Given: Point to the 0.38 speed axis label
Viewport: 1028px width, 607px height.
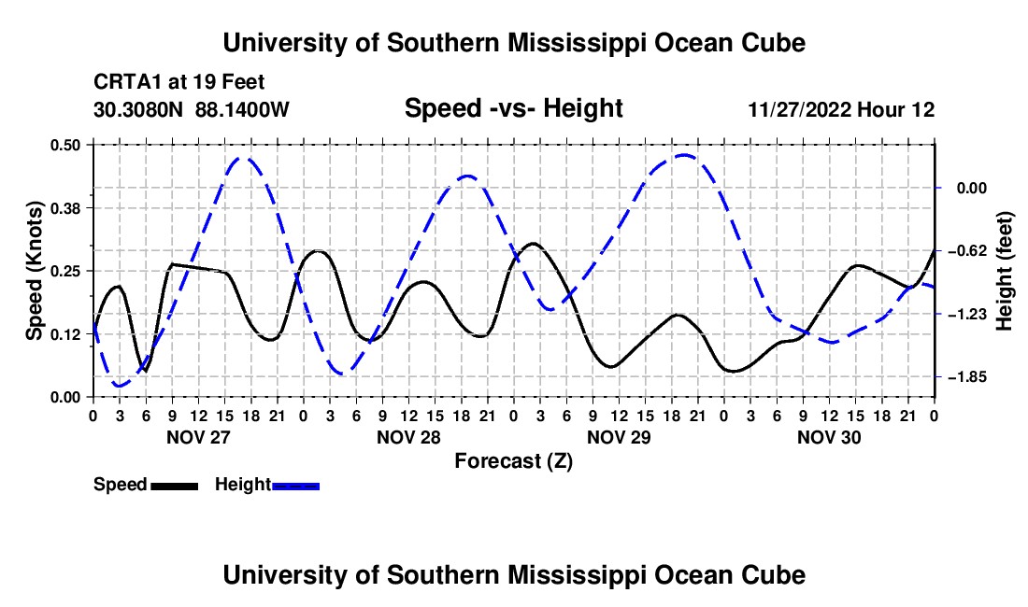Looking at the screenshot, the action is tap(65, 208).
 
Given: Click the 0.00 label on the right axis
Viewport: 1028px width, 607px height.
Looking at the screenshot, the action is tap(972, 189).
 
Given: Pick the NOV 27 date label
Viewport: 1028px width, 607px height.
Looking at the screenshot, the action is tap(199, 437).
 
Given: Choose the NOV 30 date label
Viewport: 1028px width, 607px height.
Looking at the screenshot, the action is tap(829, 437).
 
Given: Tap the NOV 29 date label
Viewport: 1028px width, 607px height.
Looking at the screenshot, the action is tap(619, 437).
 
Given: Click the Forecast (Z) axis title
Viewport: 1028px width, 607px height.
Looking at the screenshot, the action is tap(513, 461).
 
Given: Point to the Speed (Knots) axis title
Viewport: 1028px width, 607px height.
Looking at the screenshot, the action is tap(34, 271).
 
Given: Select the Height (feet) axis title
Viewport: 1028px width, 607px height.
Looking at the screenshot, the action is tap(1004, 271).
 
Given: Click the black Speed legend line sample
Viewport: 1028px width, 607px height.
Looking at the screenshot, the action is tap(175, 486).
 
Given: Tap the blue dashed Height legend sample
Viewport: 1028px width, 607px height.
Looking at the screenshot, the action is tap(295, 486).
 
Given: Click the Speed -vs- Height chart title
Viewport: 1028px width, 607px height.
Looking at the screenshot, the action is tap(513, 108).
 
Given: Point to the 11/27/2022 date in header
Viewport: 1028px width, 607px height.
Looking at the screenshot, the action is tap(800, 109).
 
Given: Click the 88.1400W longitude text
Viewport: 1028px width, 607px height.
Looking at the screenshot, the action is tap(242, 109).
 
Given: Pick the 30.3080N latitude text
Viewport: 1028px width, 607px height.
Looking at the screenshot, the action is tap(138, 109).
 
